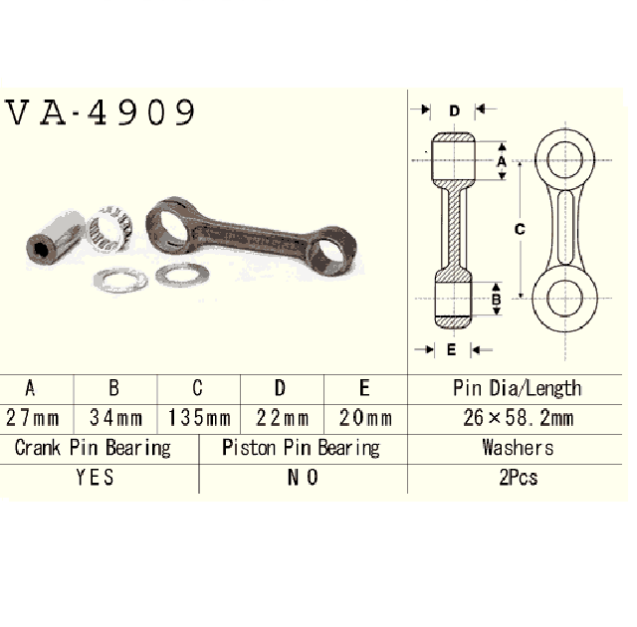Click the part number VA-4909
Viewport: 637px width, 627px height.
coord(101,112)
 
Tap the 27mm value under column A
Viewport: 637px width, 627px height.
coord(33,418)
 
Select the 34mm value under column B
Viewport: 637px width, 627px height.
coord(116,418)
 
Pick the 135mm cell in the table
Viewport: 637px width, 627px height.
coord(199,418)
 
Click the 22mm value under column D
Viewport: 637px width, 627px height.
coord(283,418)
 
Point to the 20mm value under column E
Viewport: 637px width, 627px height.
coord(365,418)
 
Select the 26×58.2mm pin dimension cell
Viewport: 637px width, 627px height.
coord(518,418)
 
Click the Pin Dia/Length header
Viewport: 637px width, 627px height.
coord(518,388)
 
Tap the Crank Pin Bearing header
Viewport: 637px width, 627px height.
coord(93,448)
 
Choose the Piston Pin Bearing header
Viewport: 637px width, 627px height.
coord(301,448)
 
